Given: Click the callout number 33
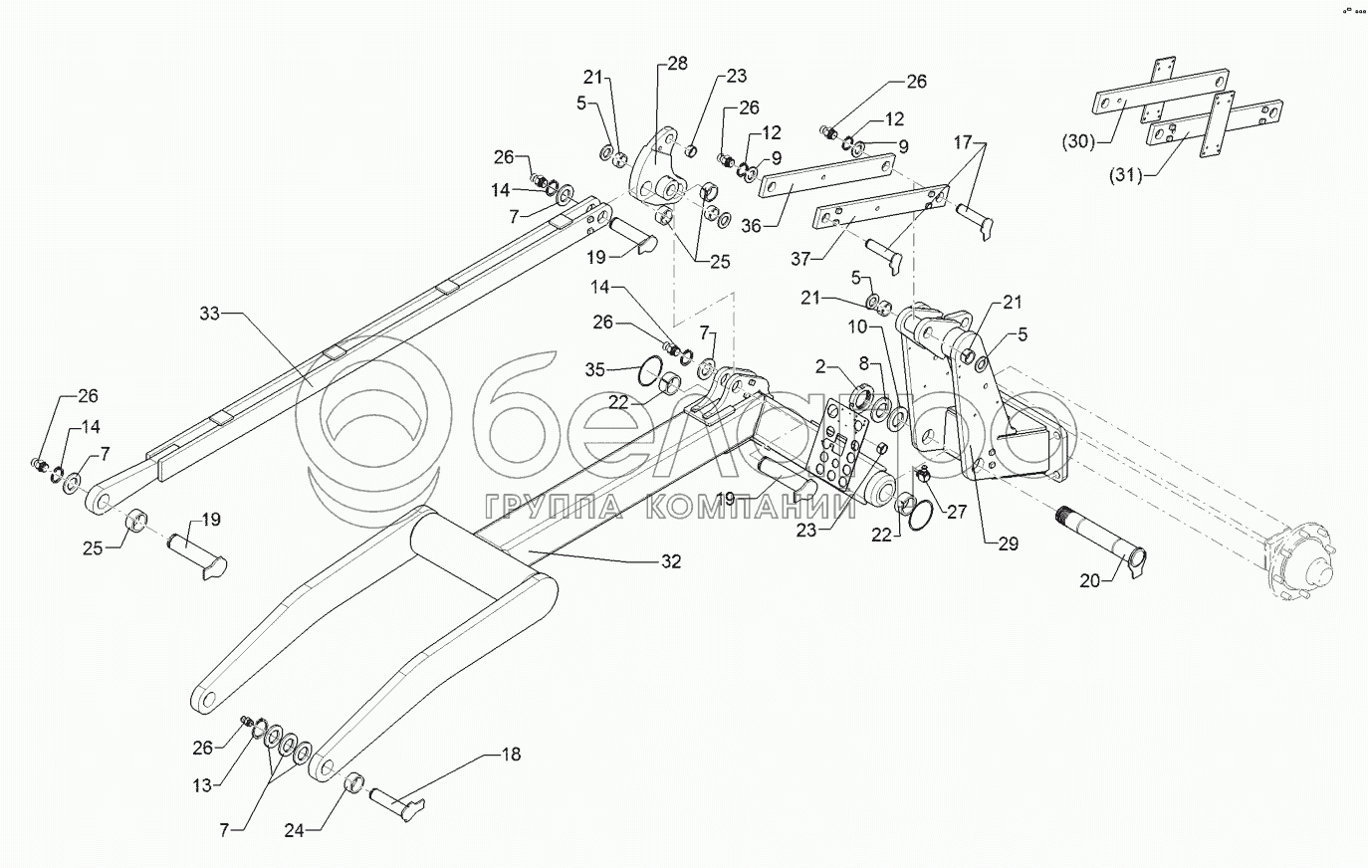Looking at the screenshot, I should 208,315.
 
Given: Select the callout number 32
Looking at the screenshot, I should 670,561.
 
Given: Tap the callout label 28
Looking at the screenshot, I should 677,64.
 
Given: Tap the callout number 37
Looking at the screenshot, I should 800,260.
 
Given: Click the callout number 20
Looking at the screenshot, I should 1090,579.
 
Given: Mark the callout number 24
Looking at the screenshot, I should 327,824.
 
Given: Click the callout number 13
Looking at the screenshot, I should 202,785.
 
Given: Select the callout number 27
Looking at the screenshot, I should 956,513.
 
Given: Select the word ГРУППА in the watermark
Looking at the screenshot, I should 553,506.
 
